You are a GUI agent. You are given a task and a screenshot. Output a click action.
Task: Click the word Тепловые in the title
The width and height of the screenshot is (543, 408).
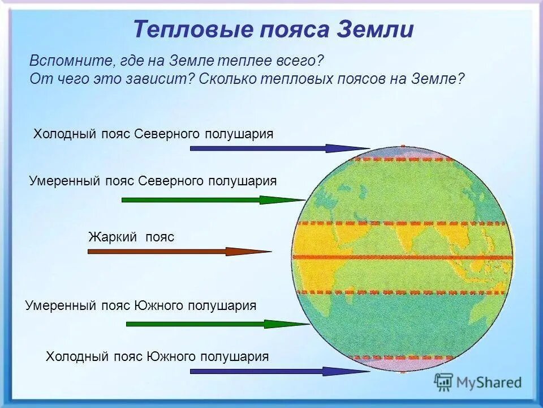click(x=193, y=29)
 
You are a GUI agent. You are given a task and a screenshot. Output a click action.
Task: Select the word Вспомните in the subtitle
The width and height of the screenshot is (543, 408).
click(x=71, y=61)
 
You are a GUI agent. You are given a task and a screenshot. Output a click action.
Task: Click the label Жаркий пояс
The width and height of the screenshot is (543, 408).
click(x=131, y=237)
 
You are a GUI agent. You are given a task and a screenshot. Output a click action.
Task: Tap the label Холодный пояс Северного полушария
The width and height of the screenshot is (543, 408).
click(x=153, y=134)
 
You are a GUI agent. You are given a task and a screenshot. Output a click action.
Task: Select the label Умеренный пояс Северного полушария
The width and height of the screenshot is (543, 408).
click(x=153, y=181)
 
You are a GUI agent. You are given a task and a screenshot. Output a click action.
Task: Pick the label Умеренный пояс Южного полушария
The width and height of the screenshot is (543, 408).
click(x=141, y=305)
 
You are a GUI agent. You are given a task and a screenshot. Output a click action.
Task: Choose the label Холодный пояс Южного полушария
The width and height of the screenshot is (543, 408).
click(x=157, y=356)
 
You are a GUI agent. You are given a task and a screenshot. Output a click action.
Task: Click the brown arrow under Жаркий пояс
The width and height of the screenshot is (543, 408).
click(x=180, y=252)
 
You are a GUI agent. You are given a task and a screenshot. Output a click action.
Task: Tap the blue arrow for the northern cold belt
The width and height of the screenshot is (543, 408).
click(x=280, y=148)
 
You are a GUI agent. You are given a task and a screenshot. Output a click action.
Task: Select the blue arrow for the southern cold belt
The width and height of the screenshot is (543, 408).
click(x=280, y=372)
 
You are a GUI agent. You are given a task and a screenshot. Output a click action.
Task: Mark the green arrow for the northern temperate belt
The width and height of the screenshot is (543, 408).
click(x=214, y=200)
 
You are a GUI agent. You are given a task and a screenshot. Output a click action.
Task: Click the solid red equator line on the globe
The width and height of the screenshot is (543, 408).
click(x=402, y=257)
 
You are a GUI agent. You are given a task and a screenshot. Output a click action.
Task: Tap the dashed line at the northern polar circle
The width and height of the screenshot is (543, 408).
click(x=403, y=159)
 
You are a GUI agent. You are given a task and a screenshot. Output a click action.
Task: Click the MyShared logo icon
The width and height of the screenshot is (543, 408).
click(x=443, y=382)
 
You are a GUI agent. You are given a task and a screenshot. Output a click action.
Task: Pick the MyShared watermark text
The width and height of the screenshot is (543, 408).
click(x=489, y=382)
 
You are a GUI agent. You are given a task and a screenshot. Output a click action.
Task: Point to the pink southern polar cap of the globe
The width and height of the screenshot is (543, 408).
click(x=402, y=365)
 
